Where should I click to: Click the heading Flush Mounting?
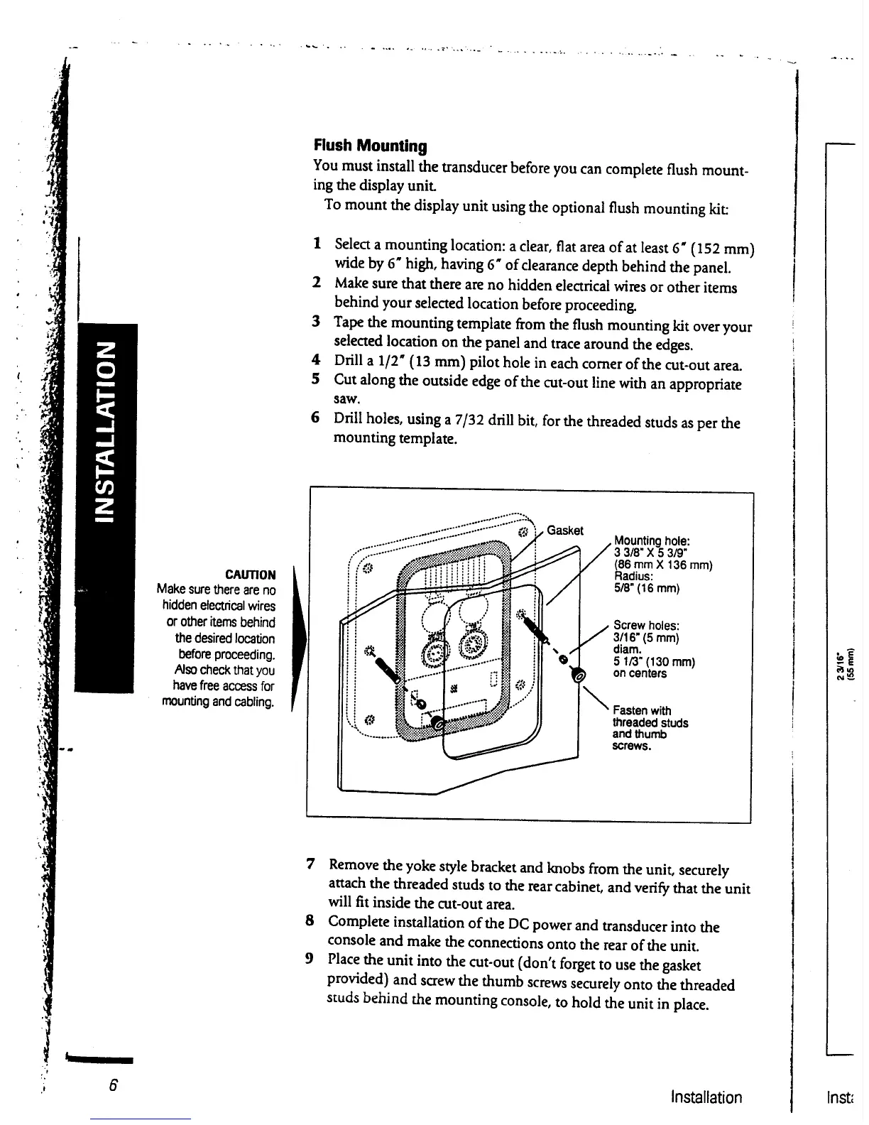(371, 146)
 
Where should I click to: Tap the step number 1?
(317, 244)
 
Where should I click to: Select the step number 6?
(316, 417)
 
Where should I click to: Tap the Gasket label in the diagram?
(565, 531)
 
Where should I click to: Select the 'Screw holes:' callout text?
(647, 625)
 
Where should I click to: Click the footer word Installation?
(706, 1097)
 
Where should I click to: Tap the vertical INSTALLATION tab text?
(105, 430)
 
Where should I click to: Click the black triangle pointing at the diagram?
(299, 638)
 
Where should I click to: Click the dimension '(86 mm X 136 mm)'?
(663, 565)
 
